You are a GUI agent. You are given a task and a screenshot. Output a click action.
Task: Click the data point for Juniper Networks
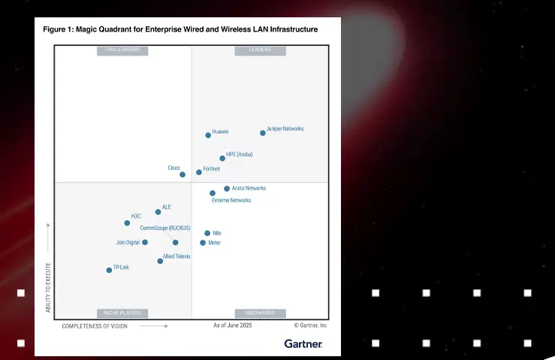pyautogui.click(x=263, y=133)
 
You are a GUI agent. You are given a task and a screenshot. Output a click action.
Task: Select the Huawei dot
pyautogui.click(x=208, y=135)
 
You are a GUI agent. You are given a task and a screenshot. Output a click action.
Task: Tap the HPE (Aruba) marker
pyautogui.click(x=222, y=159)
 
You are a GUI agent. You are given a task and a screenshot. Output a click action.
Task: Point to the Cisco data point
pyautogui.click(x=182, y=174)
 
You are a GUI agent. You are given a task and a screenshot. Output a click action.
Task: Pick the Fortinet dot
pyautogui.click(x=199, y=172)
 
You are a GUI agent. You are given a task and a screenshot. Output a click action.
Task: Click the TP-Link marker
pyautogui.click(x=109, y=270)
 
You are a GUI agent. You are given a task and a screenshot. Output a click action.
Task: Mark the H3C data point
pyautogui.click(x=127, y=223)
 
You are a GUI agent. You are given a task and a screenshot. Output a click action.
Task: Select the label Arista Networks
pyautogui.click(x=249, y=188)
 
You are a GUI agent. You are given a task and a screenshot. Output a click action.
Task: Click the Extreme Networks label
pyautogui.click(x=231, y=201)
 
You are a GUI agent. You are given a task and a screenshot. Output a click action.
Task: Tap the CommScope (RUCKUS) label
pyautogui.click(x=165, y=228)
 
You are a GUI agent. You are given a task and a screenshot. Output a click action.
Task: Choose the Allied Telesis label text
pyautogui.click(x=176, y=256)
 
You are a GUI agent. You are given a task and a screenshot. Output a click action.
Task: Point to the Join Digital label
pyautogui.click(x=128, y=242)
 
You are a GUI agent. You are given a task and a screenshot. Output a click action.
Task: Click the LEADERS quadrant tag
pyautogui.click(x=260, y=51)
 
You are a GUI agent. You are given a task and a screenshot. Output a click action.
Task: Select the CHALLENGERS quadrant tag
pyautogui.click(x=122, y=51)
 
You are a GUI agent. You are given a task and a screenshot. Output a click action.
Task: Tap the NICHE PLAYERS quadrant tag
pyautogui.click(x=122, y=313)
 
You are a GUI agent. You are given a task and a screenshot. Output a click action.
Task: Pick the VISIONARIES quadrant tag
pyautogui.click(x=260, y=313)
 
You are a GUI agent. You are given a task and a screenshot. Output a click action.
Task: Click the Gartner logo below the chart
pyautogui.click(x=303, y=343)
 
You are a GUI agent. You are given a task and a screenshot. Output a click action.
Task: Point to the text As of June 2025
pyautogui.click(x=232, y=325)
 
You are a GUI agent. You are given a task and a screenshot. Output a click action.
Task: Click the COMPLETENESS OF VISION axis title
pyautogui.click(x=95, y=326)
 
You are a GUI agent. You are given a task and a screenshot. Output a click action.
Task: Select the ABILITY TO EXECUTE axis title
pyautogui.click(x=48, y=287)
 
